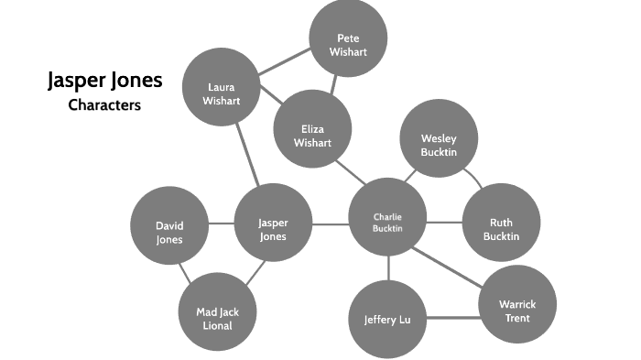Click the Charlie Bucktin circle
pos(387,222)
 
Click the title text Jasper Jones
pos(104,81)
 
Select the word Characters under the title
pos(104,104)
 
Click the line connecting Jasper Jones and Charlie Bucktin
pos(330,223)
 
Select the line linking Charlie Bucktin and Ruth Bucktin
pos(444,223)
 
